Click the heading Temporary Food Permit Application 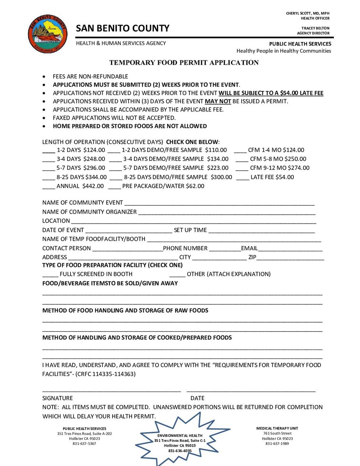pos(184,63)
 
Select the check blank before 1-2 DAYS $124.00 pos(48,150)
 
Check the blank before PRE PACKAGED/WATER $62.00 pos(115,187)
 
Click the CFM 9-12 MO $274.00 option pos(280,168)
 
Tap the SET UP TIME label pos(190,230)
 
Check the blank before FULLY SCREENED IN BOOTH pos(50,275)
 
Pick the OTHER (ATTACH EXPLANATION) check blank pos(177,275)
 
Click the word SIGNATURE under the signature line pos(57,398)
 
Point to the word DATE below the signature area pos(197,398)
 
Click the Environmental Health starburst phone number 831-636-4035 pos(180,451)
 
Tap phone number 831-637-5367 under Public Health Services pos(84,443)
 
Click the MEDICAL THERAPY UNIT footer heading pos(277,428)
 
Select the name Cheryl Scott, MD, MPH pos(307,13)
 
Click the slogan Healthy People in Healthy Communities pos(284,51)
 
